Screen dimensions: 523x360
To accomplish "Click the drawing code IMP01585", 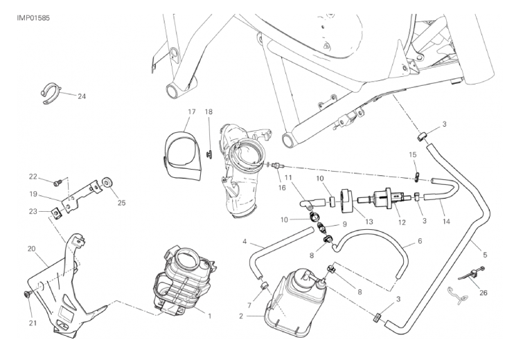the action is tap(33, 18).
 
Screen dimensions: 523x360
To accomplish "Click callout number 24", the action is tap(82, 97).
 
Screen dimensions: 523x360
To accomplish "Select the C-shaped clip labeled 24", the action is tap(51, 93).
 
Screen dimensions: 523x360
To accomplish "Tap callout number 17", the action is tap(191, 112).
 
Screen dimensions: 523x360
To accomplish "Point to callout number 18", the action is tap(209, 112).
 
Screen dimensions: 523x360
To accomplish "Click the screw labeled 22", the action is tap(57, 182).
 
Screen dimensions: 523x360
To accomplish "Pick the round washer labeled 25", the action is tap(107, 182).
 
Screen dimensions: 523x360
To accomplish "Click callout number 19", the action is tap(33, 194).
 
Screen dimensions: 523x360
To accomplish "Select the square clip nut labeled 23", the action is tap(55, 212).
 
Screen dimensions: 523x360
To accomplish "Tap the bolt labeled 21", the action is tap(28, 294).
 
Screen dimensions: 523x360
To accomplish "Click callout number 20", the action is tap(31, 249).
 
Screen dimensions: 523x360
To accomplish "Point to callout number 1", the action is tap(210, 316).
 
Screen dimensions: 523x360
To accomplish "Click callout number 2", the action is tap(241, 316).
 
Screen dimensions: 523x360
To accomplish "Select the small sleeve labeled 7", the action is tap(265, 286).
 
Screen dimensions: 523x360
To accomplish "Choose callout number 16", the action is tap(282, 188).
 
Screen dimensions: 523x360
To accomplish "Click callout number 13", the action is tap(369, 222).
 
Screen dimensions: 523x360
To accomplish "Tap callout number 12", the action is tap(402, 222).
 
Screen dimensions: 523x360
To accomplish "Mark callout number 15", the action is tap(413, 154).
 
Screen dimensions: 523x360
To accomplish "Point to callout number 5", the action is tap(485, 255).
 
